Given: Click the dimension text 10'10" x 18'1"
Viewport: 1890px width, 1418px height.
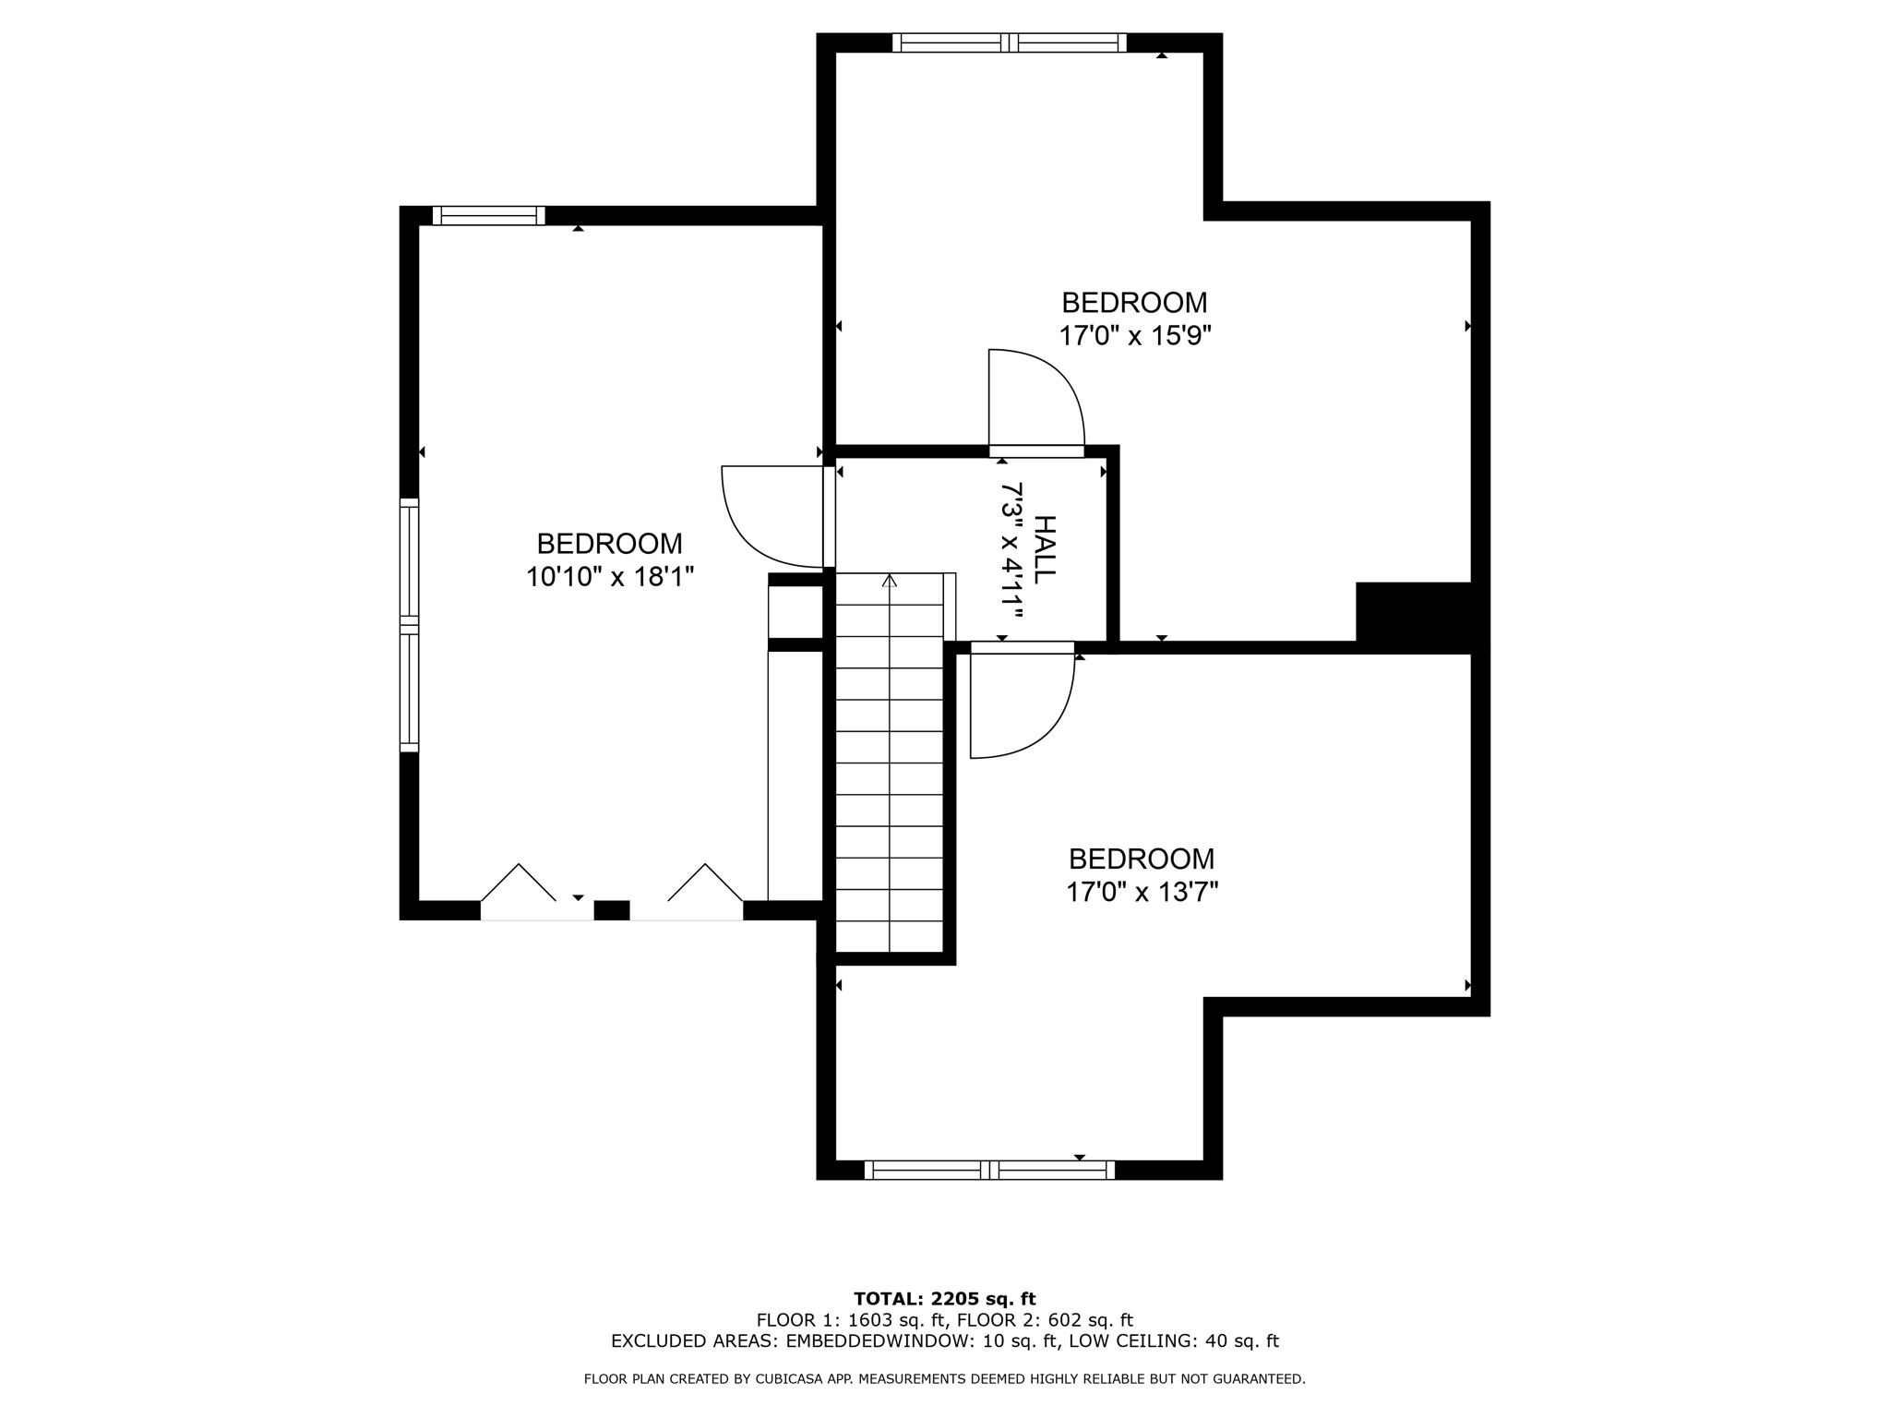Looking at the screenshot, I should tap(609, 577).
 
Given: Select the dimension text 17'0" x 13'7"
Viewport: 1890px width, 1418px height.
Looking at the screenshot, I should tap(1142, 893).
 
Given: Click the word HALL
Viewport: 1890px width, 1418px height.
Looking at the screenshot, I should tap(1043, 549).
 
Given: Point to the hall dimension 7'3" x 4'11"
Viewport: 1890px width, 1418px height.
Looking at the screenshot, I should tap(1012, 549).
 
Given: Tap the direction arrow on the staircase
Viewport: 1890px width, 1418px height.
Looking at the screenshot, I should tap(889, 582).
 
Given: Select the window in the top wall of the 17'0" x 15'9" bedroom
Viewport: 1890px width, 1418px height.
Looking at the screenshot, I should tap(1010, 42).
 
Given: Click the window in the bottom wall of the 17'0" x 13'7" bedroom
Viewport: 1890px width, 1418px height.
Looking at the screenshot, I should tap(989, 1171).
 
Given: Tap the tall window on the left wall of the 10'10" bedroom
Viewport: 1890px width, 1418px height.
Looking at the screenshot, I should tap(409, 625).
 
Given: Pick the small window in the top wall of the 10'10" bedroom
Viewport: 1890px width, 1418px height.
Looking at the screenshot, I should tap(488, 216).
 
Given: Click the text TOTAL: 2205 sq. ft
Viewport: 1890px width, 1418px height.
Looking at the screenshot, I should tap(944, 1300).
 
